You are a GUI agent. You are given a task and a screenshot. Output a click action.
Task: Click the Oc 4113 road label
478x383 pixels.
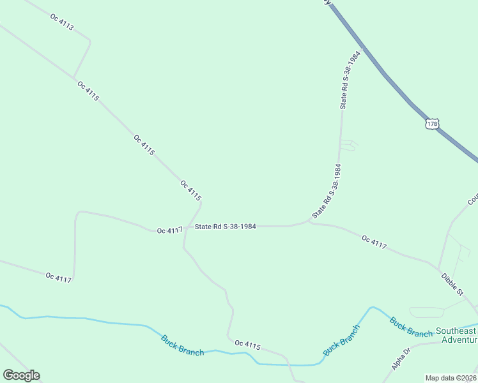click(62, 22)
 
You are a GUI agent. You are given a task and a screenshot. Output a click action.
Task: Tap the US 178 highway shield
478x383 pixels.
click(433, 123)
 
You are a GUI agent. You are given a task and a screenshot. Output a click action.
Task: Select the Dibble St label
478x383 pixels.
click(452, 284)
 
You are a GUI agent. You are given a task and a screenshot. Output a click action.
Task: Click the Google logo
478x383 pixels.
click(21, 375)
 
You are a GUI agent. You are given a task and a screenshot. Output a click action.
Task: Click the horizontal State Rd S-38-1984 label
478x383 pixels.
click(226, 226)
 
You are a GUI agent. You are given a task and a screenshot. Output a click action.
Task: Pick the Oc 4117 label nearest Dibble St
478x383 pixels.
click(374, 242)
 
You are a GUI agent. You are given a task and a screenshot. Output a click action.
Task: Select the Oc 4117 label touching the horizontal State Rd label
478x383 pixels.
click(170, 230)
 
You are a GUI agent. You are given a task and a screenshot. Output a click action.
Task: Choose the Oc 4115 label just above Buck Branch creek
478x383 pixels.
click(247, 345)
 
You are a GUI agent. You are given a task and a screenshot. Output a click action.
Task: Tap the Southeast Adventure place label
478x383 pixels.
click(456, 335)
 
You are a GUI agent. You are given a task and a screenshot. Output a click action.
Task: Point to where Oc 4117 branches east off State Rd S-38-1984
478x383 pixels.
click(309, 222)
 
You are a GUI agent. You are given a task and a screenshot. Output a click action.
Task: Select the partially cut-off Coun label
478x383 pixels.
click(472, 199)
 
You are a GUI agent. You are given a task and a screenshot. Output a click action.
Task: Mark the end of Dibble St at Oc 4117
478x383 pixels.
click(438, 267)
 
